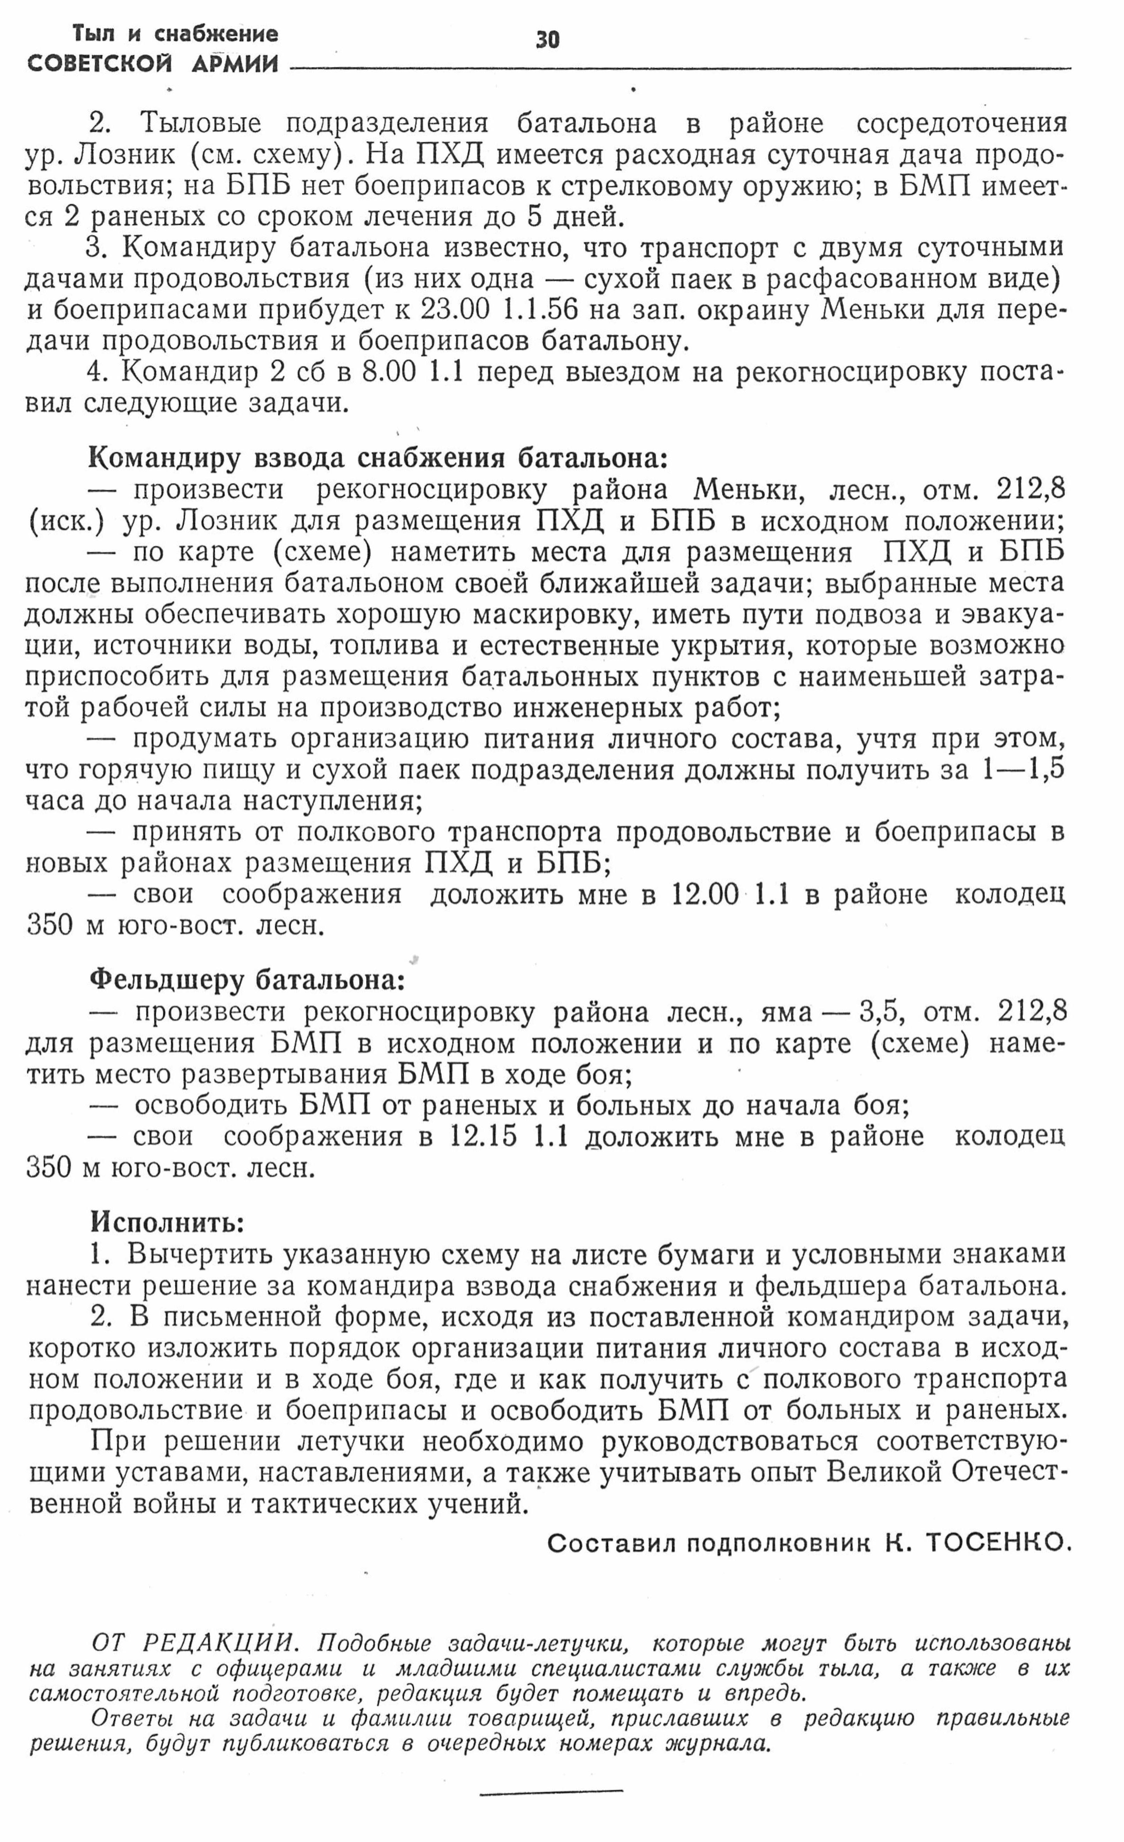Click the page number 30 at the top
coord(547,39)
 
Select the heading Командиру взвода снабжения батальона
coord(378,458)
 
